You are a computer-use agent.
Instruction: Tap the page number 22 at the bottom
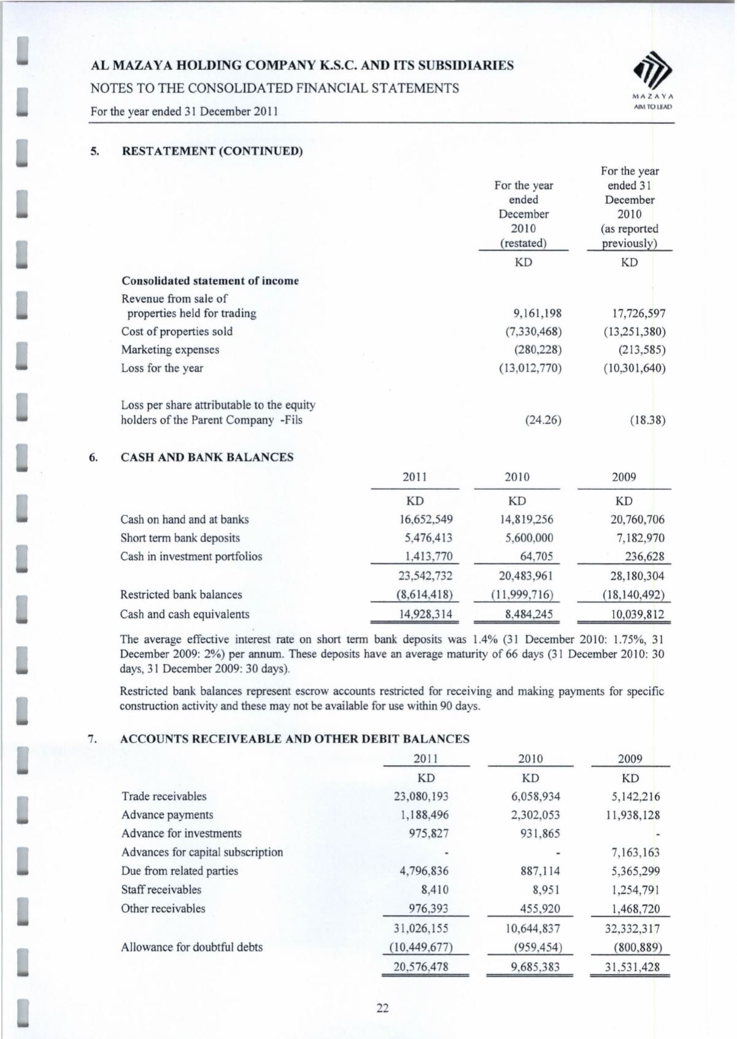[x=382, y=1008]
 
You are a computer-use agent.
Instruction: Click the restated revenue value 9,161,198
[x=537, y=313]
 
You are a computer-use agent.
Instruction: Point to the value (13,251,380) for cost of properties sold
[x=634, y=331]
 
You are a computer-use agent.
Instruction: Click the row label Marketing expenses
[x=170, y=350]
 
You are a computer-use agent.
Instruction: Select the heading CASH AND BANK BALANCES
[x=207, y=457]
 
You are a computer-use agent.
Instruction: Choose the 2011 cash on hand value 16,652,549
[x=426, y=520]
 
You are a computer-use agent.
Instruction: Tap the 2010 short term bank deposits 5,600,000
[x=527, y=538]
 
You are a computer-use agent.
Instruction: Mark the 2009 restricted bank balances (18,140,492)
[x=633, y=595]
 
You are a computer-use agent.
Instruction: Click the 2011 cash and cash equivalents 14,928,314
[x=426, y=614]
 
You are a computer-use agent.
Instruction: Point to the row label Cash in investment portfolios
[x=191, y=557]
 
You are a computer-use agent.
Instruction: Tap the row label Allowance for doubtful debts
[x=191, y=947]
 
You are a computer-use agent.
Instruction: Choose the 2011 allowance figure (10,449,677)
[x=421, y=947]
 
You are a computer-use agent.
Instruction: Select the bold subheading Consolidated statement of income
[x=210, y=281]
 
